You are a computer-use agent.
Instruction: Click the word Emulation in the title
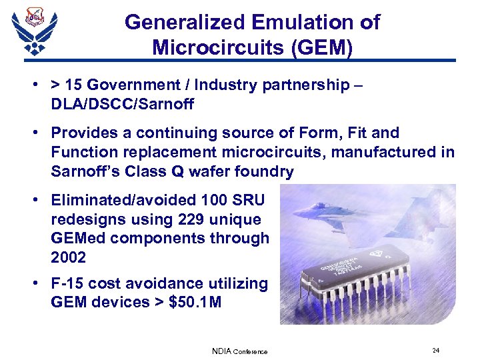[303, 22]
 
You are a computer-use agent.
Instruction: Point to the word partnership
[299, 85]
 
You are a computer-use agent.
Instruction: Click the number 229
[190, 219]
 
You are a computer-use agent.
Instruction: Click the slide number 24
[435, 351]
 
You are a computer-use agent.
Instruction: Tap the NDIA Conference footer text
[239, 351]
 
